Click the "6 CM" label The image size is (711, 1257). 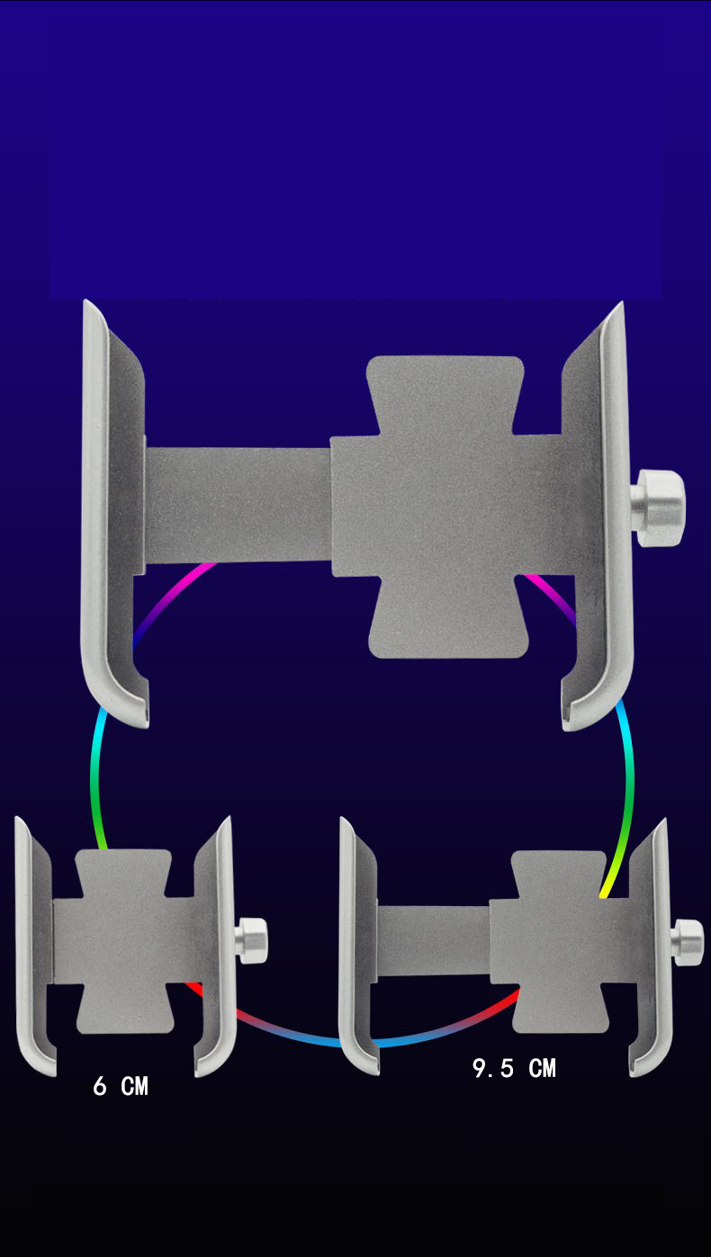[x=121, y=1086]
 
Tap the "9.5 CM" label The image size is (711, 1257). [x=514, y=1068]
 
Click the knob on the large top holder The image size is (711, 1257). [x=659, y=508]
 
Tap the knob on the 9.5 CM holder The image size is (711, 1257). [x=688, y=942]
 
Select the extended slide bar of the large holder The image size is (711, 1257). [x=238, y=504]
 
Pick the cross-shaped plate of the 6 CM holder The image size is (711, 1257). [x=124, y=940]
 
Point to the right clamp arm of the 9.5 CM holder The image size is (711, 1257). [x=650, y=945]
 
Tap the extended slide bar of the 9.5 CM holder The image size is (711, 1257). [x=432, y=940]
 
